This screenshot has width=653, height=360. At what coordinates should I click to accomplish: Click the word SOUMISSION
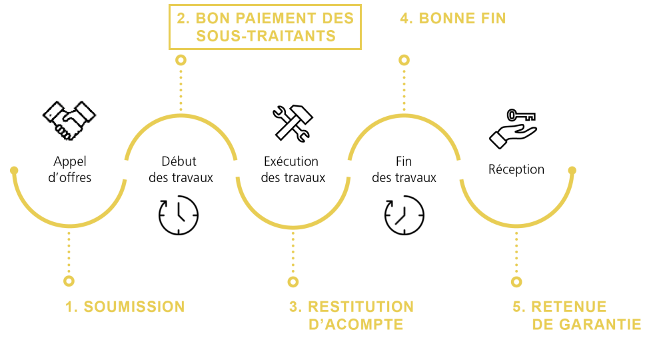(x=134, y=307)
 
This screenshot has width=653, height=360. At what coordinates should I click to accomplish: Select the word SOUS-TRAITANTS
(x=265, y=36)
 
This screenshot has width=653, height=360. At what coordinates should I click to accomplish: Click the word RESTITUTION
(x=360, y=307)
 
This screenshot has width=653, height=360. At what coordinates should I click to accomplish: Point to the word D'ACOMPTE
(x=356, y=325)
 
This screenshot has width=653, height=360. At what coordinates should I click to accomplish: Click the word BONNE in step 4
(x=446, y=19)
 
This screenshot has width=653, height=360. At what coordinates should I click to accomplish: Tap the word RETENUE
(x=568, y=307)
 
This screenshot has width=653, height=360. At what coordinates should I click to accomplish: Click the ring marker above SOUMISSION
(x=69, y=281)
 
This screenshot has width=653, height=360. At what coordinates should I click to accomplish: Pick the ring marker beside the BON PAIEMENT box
(x=181, y=60)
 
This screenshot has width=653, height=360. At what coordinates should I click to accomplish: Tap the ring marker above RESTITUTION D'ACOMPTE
(x=293, y=281)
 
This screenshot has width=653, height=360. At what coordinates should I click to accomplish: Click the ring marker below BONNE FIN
(x=404, y=60)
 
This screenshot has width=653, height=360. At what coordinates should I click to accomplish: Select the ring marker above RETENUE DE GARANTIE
(x=516, y=281)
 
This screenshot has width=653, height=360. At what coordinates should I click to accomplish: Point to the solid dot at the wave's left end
(x=14, y=170)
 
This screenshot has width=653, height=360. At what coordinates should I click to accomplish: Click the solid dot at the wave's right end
(x=572, y=170)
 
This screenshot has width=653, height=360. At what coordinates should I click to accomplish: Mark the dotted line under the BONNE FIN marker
(x=404, y=90)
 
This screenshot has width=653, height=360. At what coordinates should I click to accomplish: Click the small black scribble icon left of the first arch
(x=68, y=120)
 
